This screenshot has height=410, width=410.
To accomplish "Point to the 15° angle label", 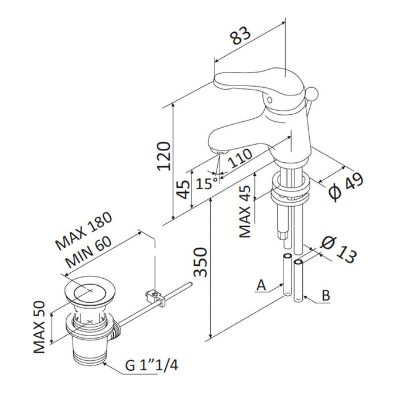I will [x=206, y=183].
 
